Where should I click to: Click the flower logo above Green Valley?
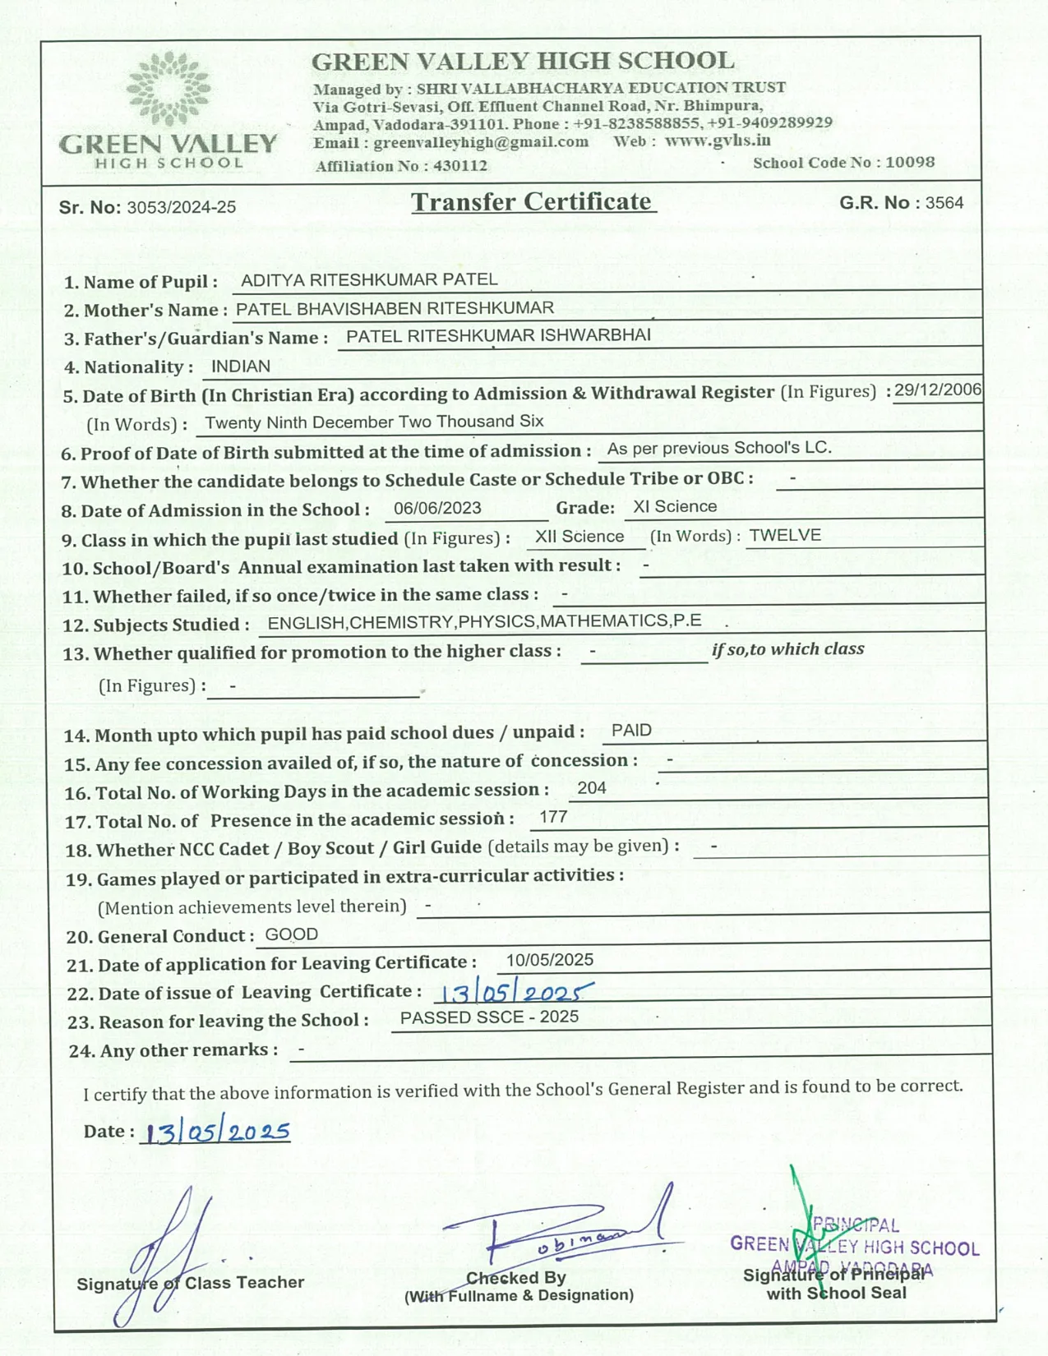pos(169,88)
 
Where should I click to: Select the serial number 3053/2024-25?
pos(181,207)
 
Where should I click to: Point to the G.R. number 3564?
pos(944,203)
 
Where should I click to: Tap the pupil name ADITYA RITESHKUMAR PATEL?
pos(369,279)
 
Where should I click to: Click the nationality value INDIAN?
pos(241,367)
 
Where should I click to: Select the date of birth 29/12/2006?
pos(938,390)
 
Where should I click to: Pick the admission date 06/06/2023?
pos(437,508)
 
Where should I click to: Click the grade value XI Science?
pos(675,506)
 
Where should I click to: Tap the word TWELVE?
pos(785,535)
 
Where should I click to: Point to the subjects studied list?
pos(484,621)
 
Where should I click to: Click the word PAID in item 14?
pos(631,731)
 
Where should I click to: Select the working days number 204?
pos(592,788)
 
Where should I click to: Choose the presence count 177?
pos(553,817)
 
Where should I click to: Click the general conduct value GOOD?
pos(292,934)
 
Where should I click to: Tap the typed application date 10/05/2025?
pos(549,960)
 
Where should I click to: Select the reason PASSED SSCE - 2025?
pos(489,1017)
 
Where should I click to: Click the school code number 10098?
pos(910,162)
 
